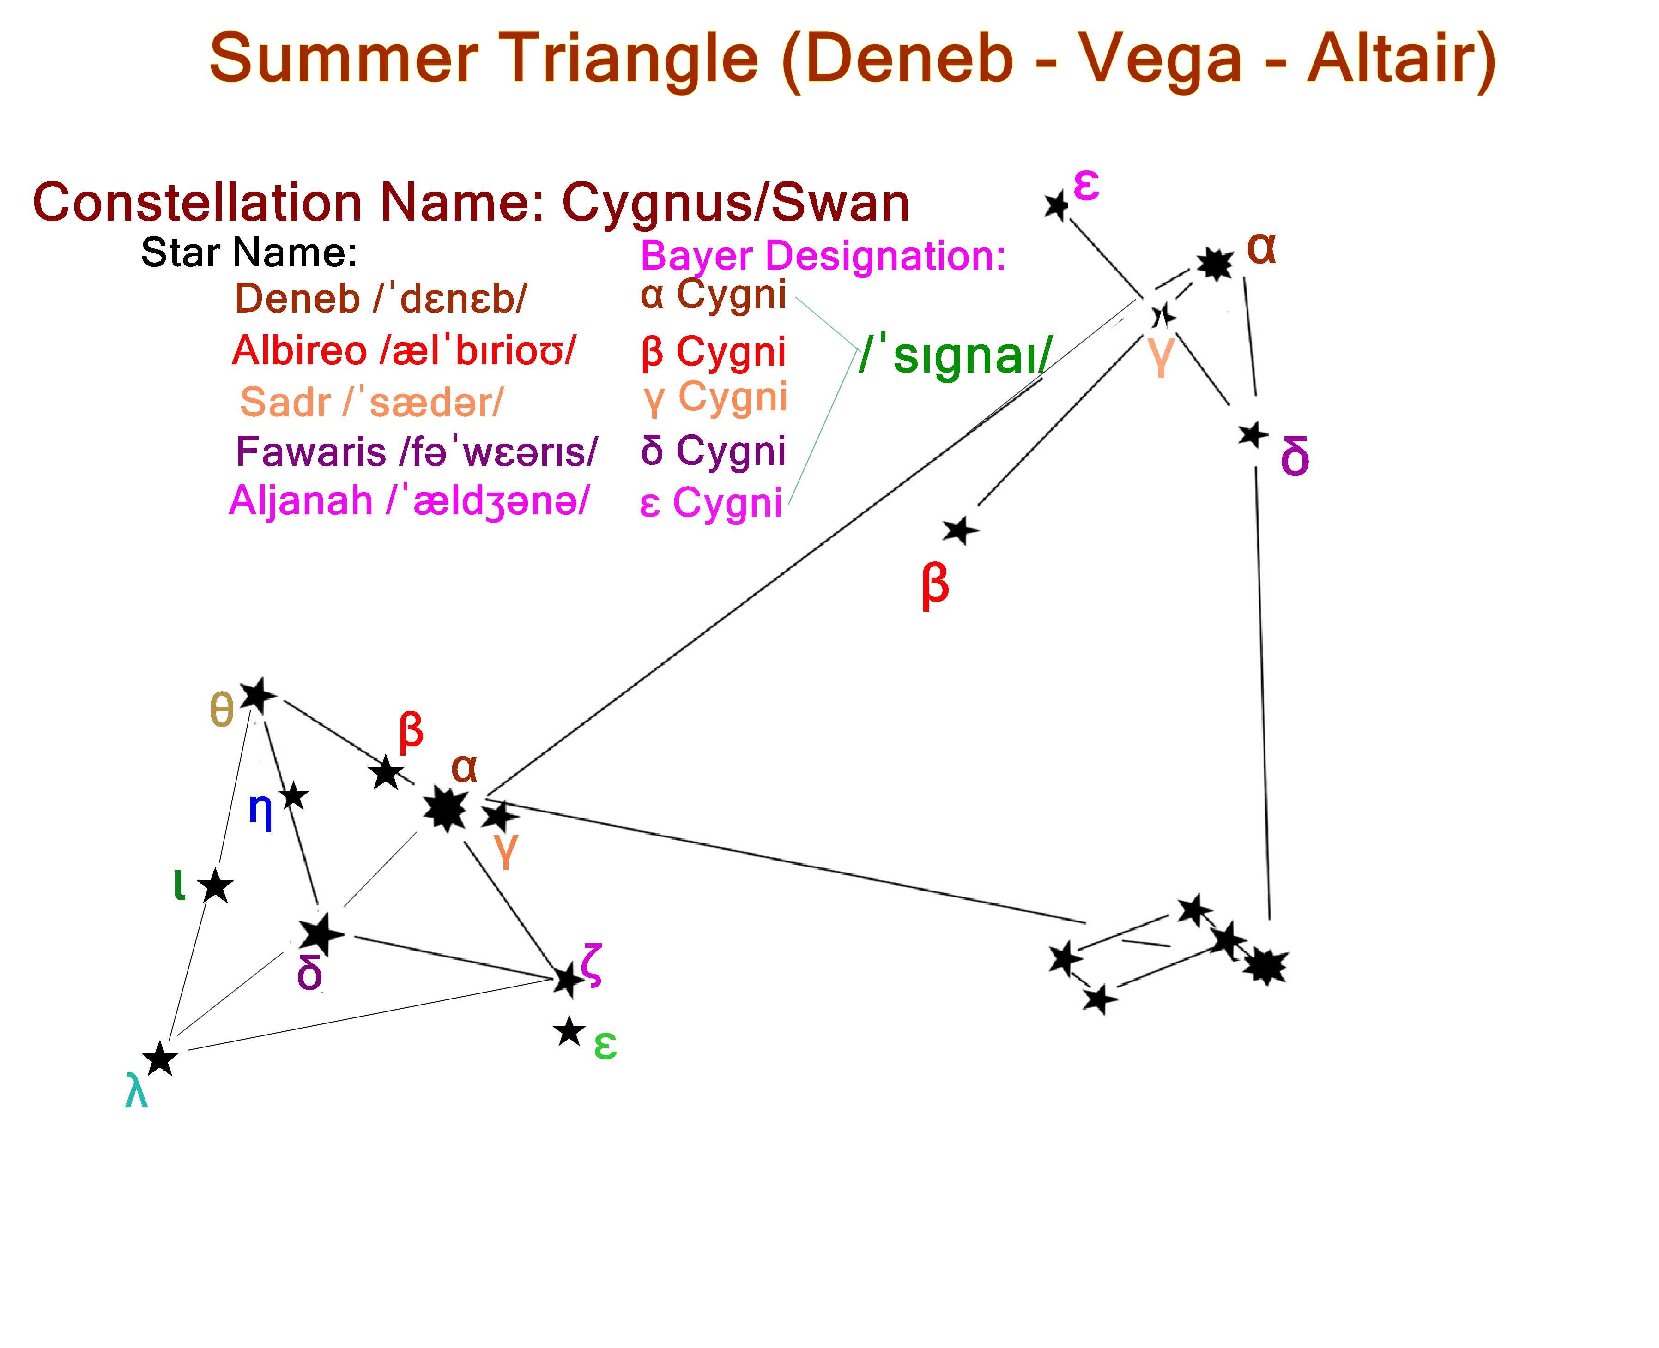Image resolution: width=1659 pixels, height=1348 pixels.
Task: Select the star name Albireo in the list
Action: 299,350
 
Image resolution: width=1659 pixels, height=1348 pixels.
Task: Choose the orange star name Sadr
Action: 286,402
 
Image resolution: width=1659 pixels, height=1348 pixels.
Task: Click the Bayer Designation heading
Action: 823,256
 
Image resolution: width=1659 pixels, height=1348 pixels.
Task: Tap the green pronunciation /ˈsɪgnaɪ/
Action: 955,355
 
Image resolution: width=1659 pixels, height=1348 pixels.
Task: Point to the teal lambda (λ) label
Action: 137,1091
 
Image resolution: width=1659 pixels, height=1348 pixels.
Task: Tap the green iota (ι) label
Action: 179,885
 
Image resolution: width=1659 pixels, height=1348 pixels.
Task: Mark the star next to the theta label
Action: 258,695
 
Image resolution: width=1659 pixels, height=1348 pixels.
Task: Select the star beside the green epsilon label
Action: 569,1032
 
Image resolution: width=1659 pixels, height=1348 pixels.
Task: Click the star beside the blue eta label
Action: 294,797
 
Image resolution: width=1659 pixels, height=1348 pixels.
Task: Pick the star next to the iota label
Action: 216,886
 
